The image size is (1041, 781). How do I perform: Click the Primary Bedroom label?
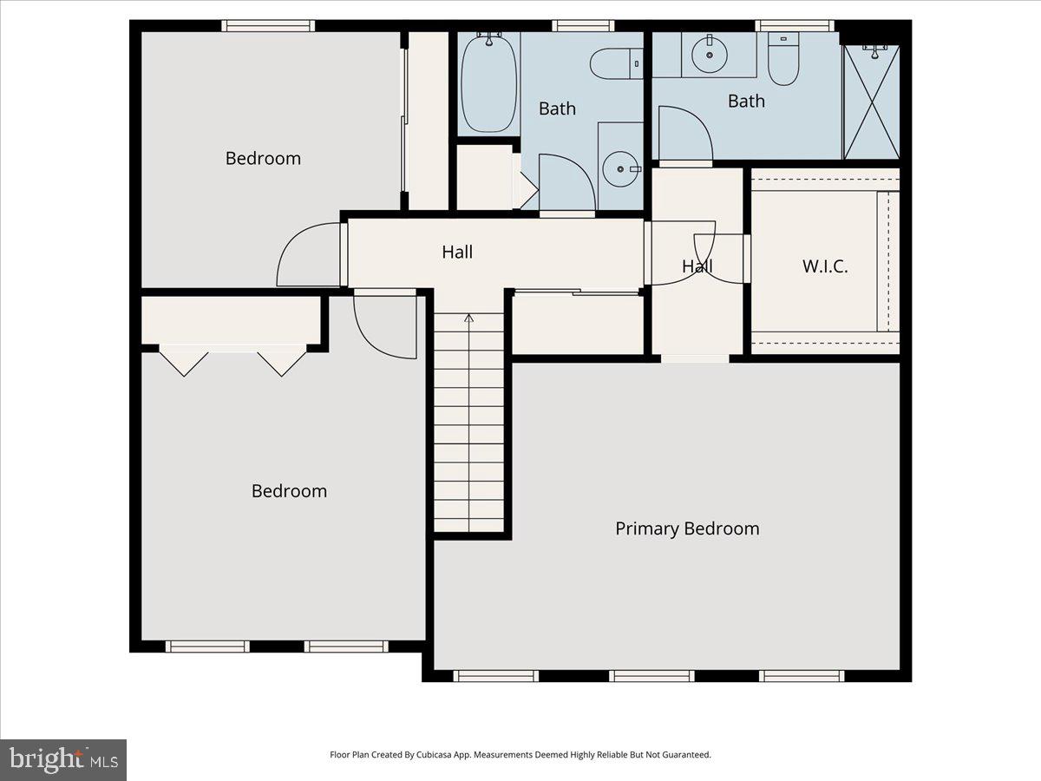click(x=687, y=528)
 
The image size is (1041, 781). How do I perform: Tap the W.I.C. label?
click(x=824, y=266)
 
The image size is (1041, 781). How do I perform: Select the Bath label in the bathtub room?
click(x=557, y=108)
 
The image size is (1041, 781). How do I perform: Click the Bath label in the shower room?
click(x=746, y=102)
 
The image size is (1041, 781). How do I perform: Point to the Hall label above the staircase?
click(x=457, y=253)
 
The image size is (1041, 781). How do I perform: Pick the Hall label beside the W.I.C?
click(x=697, y=266)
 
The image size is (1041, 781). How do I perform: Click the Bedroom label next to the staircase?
click(x=289, y=491)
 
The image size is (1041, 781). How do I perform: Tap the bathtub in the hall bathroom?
click(x=488, y=83)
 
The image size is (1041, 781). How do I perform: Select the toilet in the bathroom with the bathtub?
click(x=615, y=63)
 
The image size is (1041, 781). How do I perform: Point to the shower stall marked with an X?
click(x=871, y=102)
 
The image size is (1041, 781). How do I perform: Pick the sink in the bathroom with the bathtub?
click(x=620, y=168)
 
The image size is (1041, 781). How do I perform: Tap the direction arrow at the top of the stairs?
click(x=469, y=318)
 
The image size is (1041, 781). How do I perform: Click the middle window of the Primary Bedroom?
click(x=651, y=675)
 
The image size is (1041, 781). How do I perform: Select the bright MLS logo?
click(x=63, y=760)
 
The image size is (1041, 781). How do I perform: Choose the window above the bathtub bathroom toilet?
click(x=583, y=26)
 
